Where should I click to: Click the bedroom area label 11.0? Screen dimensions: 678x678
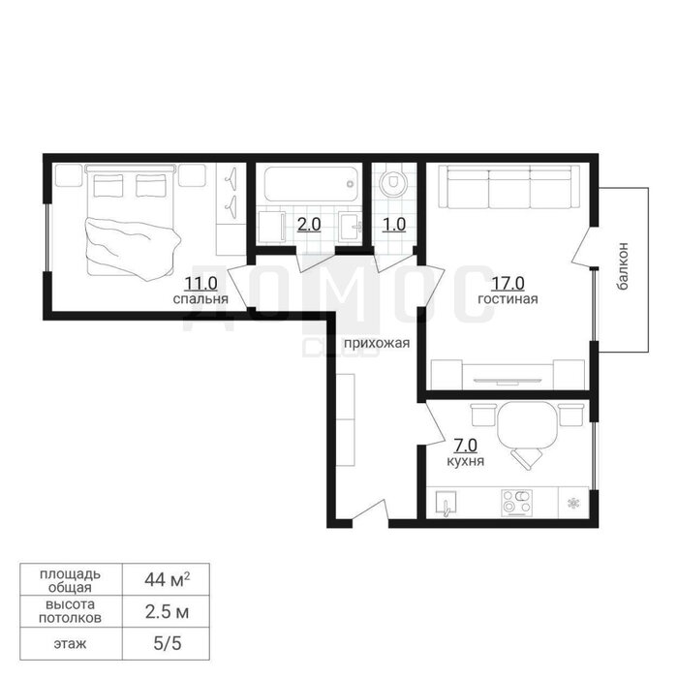(x=200, y=284)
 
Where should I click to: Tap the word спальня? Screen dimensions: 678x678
(x=200, y=299)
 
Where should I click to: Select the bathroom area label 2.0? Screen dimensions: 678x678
(x=309, y=225)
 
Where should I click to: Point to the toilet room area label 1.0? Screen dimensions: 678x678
(x=394, y=225)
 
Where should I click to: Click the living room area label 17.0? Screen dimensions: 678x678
(x=508, y=284)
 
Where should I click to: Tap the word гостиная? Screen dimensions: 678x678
(x=508, y=299)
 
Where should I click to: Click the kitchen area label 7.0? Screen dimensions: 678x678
(x=465, y=445)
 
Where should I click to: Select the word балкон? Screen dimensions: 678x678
(x=623, y=266)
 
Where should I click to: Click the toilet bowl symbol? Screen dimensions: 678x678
(x=392, y=183)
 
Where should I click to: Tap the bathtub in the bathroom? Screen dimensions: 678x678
(x=311, y=185)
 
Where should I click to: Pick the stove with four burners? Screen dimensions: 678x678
(x=516, y=504)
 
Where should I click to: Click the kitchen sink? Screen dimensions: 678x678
(x=446, y=503)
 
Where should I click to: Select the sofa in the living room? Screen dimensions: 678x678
(x=508, y=187)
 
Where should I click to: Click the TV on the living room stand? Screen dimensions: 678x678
(x=508, y=382)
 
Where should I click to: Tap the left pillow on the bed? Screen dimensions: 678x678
(x=108, y=185)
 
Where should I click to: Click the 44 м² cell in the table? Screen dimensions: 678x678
(x=167, y=579)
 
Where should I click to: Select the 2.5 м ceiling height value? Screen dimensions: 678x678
(x=167, y=612)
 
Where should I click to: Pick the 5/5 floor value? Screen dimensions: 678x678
(x=167, y=644)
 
